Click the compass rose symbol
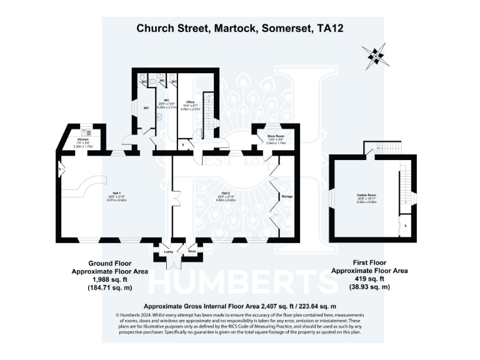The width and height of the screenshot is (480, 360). coord(377,56)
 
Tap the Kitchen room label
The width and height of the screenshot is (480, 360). coord(83,139)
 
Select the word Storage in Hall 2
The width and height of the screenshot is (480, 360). coord(287,196)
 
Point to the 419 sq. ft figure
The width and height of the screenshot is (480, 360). coord(369,279)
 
